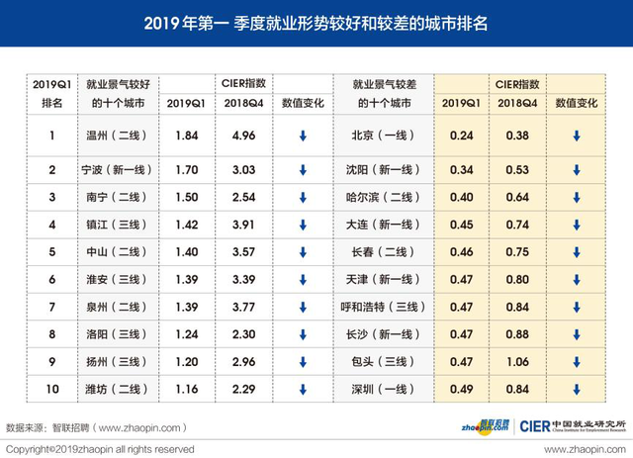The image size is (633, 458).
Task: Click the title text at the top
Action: (x=316, y=23)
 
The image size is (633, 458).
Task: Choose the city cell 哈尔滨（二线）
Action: (x=382, y=196)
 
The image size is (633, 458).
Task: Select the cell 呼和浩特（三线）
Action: (x=382, y=305)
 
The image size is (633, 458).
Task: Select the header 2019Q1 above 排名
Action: (x=52, y=86)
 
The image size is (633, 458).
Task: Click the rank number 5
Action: (x=52, y=250)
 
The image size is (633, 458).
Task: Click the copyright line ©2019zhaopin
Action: (x=99, y=448)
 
